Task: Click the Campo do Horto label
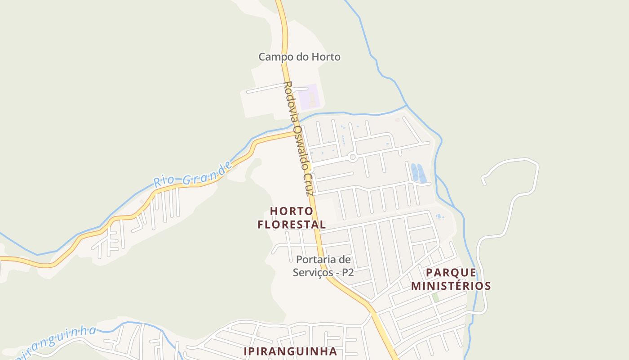click(x=299, y=57)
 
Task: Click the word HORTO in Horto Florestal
click(x=291, y=211)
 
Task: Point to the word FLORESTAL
click(x=291, y=224)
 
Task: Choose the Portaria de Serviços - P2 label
click(x=323, y=266)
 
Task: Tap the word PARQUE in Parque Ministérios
click(x=451, y=273)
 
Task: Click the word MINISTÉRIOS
click(x=451, y=286)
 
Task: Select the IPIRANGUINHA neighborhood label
click(x=290, y=351)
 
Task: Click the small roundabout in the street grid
click(x=353, y=157)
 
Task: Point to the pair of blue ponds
click(x=418, y=173)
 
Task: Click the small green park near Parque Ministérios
click(x=435, y=297)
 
